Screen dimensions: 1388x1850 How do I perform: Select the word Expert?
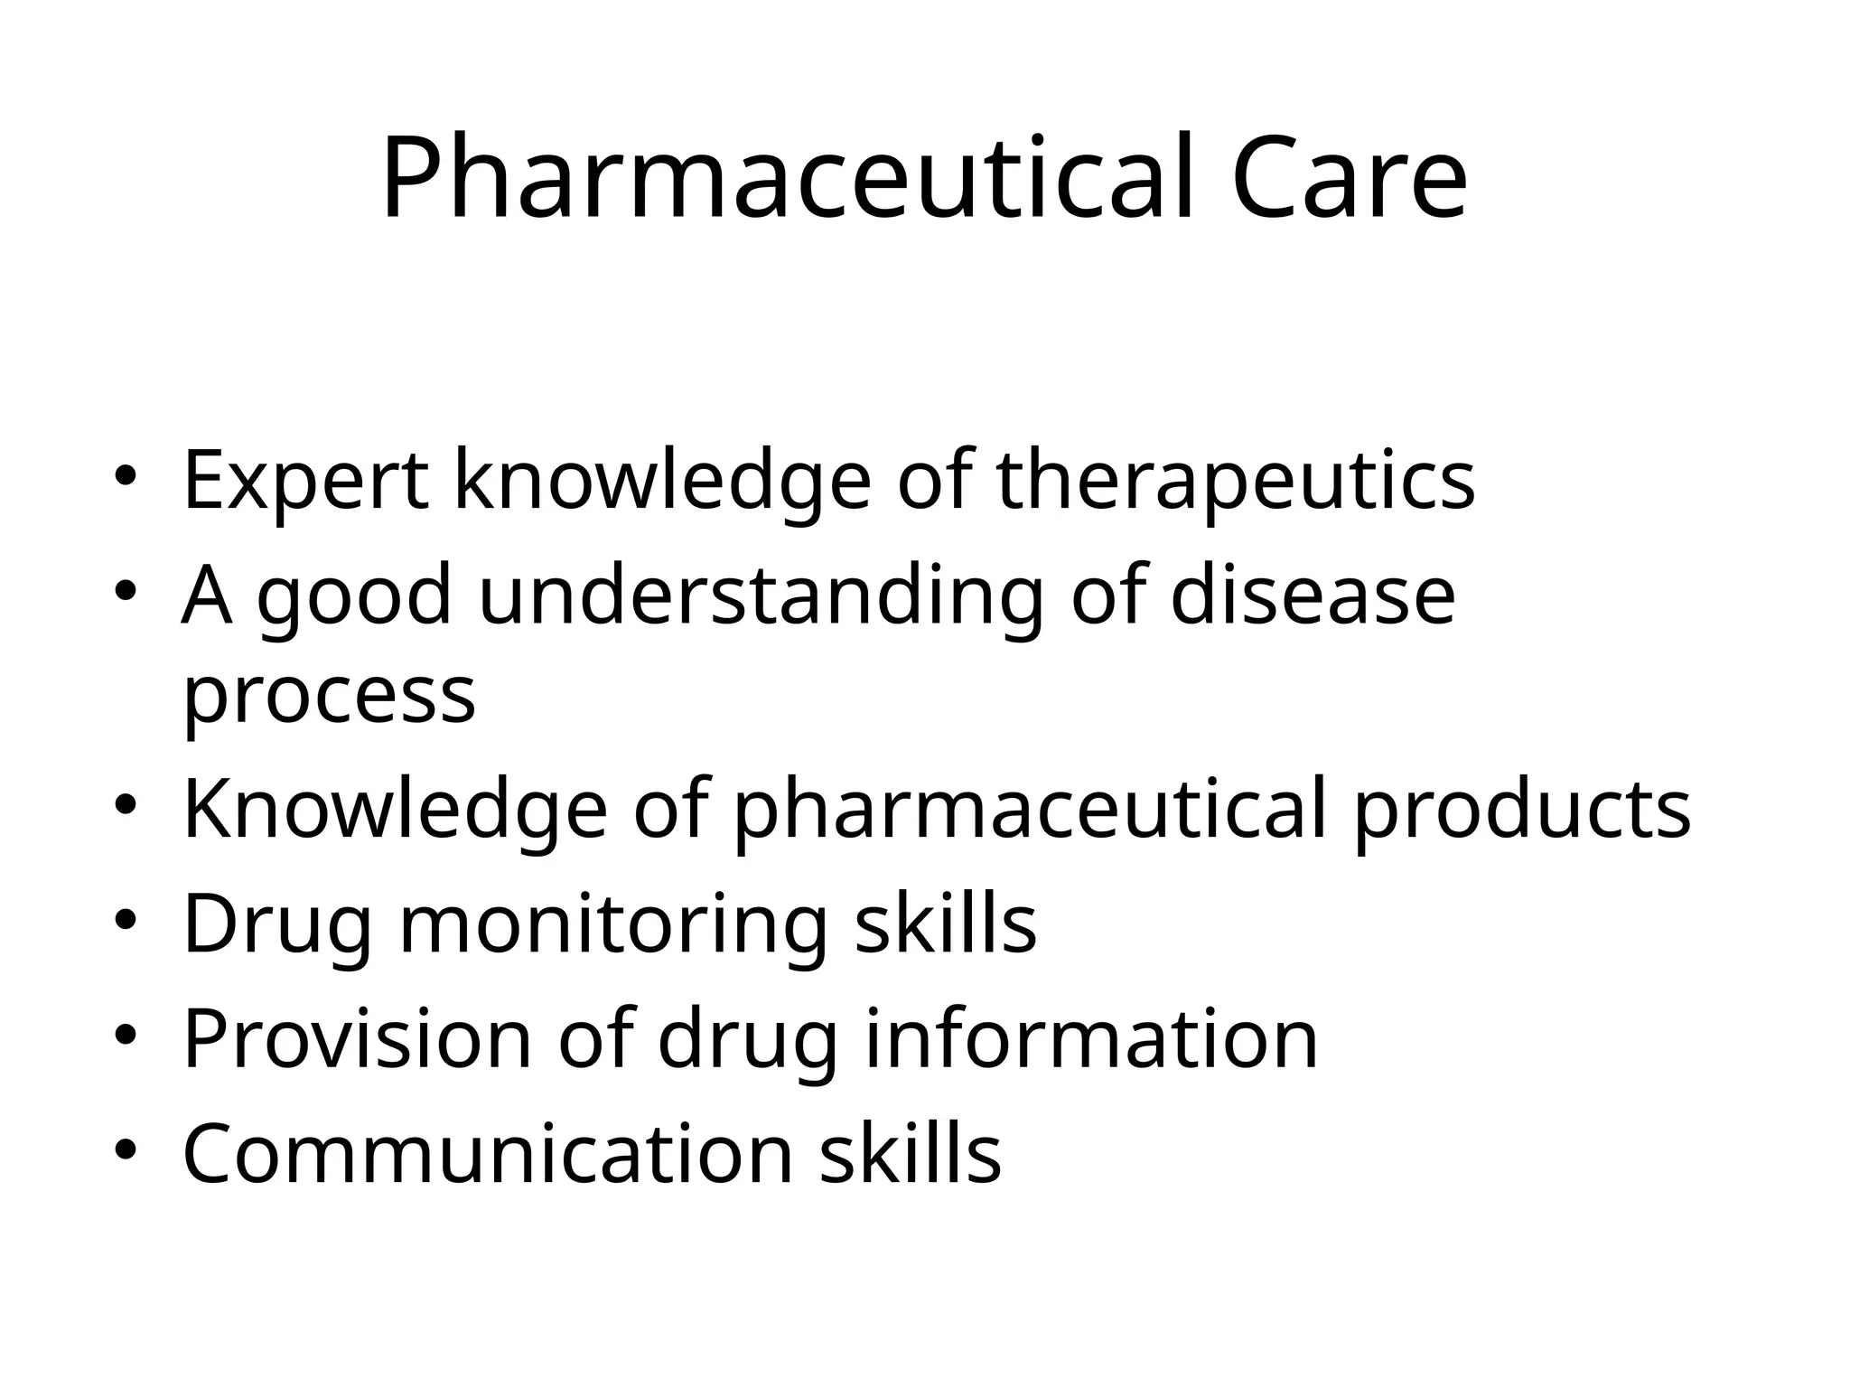(x=305, y=481)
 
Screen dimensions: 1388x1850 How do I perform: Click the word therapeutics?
(x=1235, y=481)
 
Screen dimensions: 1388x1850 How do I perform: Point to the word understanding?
(x=760, y=596)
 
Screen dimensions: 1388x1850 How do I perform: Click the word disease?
(x=1312, y=596)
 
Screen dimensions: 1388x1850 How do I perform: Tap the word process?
(x=329, y=696)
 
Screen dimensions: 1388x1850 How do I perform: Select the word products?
(x=1521, y=809)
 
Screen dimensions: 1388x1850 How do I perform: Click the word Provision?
(x=357, y=1039)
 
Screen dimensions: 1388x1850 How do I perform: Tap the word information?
(x=1091, y=1039)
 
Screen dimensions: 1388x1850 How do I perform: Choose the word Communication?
(x=488, y=1154)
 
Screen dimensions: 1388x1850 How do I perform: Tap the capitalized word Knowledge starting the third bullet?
(x=395, y=809)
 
